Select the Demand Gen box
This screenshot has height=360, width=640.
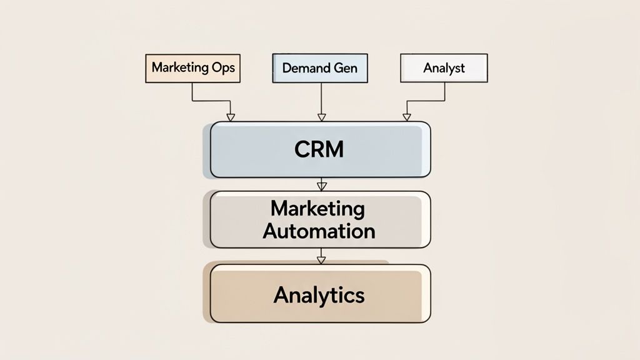coord(320,68)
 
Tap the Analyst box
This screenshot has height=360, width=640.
coord(444,68)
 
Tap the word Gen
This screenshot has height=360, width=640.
coord(346,68)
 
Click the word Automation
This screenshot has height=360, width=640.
coord(319,231)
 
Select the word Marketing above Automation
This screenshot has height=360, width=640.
coord(319,208)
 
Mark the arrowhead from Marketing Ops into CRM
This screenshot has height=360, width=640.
coord(230,117)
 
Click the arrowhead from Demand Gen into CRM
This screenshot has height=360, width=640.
coord(321,117)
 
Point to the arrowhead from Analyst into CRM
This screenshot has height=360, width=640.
coord(407,117)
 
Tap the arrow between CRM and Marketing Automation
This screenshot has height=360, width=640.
coord(321,184)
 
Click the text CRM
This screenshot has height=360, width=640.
coord(319,150)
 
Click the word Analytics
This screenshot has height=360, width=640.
coord(319,294)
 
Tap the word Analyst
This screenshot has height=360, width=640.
coord(444,68)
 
